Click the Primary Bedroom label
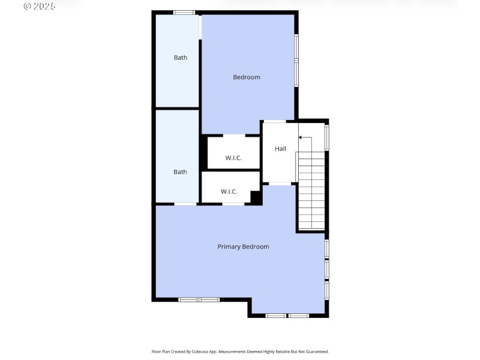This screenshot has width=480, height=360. (243, 247)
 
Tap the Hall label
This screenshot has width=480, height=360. (280, 149)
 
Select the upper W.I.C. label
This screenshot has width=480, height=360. (233, 158)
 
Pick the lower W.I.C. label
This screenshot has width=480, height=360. (229, 191)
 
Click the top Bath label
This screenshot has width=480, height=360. (180, 58)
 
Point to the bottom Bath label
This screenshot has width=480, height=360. (180, 172)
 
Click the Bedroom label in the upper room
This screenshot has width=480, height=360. (246, 77)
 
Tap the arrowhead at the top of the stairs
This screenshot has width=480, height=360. (301, 137)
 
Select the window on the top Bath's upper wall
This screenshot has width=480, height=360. (184, 13)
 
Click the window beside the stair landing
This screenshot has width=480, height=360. (327, 137)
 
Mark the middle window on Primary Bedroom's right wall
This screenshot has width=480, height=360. (327, 268)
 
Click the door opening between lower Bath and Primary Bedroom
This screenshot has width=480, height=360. (185, 204)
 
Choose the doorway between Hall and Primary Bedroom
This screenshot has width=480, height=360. (280, 184)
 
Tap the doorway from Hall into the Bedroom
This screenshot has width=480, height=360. (275, 122)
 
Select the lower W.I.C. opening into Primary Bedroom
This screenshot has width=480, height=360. (233, 204)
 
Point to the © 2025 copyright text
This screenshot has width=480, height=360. (39, 6)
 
